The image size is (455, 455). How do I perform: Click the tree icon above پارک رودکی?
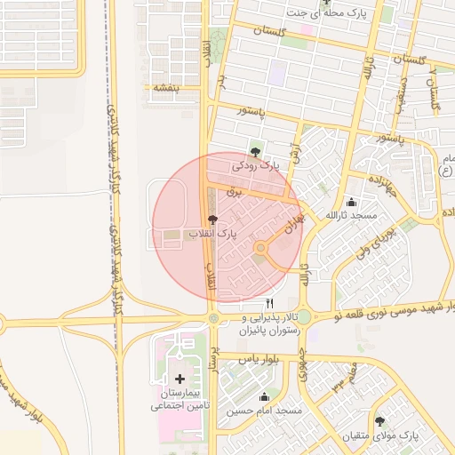click(256, 151)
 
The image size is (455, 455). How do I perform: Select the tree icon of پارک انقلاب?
click(212, 219)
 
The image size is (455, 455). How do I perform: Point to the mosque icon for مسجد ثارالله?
click(351, 202)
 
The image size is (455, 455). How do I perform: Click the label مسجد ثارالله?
click(351, 216)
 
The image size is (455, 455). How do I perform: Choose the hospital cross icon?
click(180, 379)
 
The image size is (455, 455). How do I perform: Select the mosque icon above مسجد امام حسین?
click(263, 397)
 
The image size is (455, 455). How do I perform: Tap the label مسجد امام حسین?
click(264, 411)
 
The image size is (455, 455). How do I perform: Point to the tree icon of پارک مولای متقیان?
click(380, 421)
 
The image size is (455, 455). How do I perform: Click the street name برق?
click(234, 191)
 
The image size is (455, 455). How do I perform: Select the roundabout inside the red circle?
click(260, 249)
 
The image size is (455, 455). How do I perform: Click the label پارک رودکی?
click(256, 165)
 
